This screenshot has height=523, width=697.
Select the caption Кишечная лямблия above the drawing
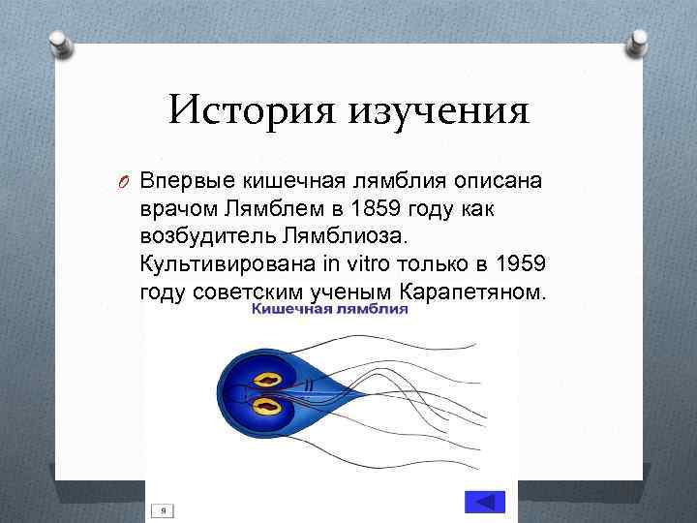pyautogui.click(x=330, y=309)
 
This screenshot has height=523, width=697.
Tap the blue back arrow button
pyautogui.click(x=485, y=503)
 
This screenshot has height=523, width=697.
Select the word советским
pyautogui.click(x=241, y=292)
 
